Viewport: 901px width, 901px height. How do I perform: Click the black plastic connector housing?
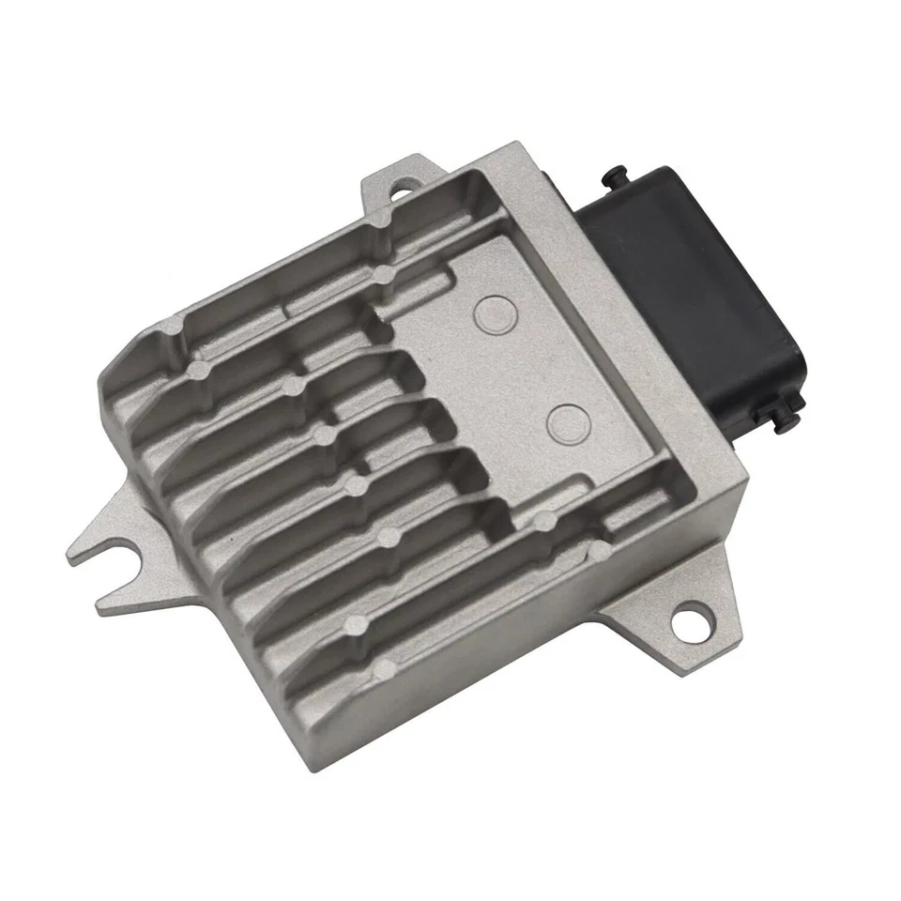(685, 282)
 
